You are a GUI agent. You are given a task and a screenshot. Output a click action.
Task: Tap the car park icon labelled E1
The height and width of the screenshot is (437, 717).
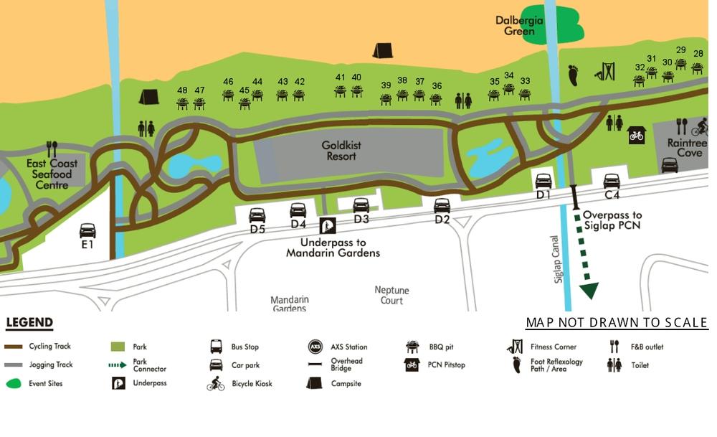(x=87, y=230)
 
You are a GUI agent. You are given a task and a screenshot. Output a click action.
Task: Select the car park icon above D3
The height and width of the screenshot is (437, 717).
(x=361, y=205)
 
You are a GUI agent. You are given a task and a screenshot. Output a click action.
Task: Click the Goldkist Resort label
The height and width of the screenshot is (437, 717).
(x=341, y=151)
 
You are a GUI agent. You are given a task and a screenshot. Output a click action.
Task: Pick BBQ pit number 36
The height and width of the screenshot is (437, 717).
(x=436, y=98)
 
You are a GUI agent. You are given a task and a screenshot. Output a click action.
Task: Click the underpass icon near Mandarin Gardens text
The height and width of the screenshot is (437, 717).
(x=327, y=226)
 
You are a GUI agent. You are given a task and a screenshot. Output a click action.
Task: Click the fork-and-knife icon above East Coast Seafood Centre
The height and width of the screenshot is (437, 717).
(x=51, y=149)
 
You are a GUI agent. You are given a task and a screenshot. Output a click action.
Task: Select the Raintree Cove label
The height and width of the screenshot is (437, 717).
(x=686, y=148)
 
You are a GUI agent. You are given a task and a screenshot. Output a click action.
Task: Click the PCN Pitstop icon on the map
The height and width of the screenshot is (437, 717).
(x=637, y=134)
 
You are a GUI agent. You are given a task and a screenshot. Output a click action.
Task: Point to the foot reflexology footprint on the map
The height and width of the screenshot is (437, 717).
(x=573, y=75)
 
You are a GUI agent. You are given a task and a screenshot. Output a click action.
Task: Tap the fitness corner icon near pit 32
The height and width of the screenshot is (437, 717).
(x=605, y=72)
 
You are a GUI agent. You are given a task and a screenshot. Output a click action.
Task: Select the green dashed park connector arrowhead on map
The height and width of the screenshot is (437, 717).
(x=589, y=290)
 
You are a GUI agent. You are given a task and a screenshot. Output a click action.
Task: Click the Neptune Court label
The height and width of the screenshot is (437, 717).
(x=391, y=295)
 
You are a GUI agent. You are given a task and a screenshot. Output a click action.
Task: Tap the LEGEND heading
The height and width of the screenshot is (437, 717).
(x=29, y=323)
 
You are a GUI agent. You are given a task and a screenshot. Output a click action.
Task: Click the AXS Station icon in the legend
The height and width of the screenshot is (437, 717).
(x=315, y=347)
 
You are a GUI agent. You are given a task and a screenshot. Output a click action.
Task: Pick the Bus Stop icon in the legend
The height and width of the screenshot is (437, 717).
(x=216, y=347)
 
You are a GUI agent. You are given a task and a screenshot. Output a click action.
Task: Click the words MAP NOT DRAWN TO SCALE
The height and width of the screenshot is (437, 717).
(x=617, y=323)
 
